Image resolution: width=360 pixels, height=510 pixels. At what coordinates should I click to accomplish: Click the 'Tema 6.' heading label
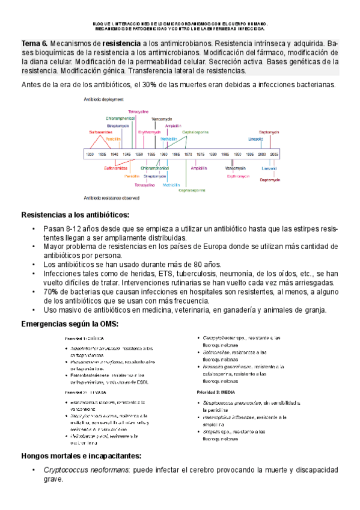[x=34, y=45]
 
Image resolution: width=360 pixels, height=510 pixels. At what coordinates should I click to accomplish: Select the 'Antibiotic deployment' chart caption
[x=104, y=99]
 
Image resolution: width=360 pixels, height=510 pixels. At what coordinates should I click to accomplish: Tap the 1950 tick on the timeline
[x=138, y=155]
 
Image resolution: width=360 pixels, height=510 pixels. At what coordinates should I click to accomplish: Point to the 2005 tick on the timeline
[x=274, y=155]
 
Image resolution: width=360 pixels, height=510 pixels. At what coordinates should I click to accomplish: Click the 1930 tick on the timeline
[x=89, y=155]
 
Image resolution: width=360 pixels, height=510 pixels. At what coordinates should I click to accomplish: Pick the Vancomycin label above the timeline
[x=162, y=118]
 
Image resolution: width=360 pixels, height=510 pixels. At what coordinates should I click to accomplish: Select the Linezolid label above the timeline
[x=255, y=138]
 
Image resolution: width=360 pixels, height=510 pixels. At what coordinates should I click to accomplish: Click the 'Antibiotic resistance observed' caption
[x=112, y=197]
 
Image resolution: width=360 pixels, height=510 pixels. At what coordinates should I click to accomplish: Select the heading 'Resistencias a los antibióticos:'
[x=75, y=215]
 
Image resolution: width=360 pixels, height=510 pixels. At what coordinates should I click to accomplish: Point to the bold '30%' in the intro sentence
[x=150, y=85]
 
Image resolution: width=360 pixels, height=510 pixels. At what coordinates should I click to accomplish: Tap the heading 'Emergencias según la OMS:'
[x=70, y=324]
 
